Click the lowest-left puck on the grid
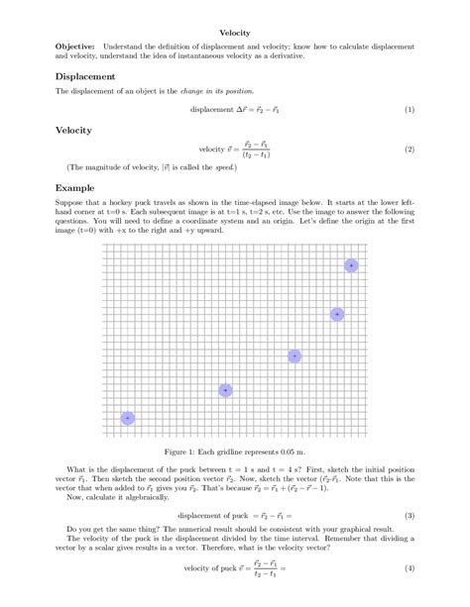coord(127,419)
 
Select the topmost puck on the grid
coord(350,265)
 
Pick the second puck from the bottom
coord(225,390)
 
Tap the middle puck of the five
coord(294,355)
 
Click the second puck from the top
coord(337,314)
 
